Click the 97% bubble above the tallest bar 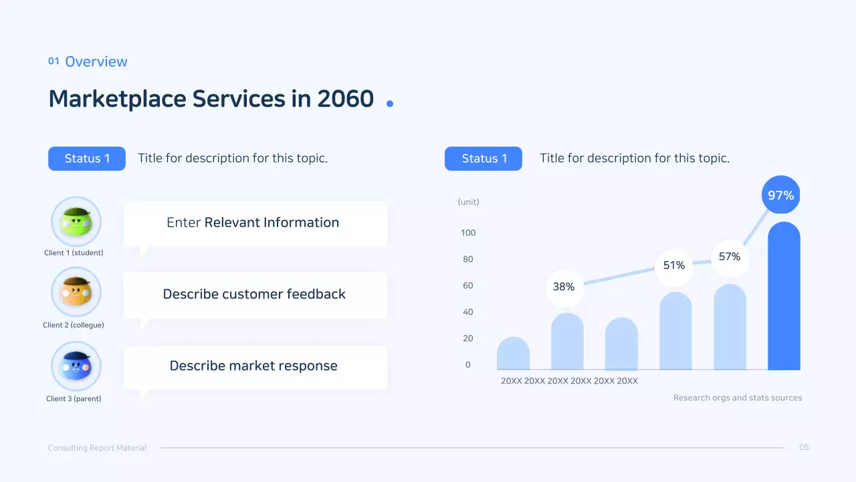(x=780, y=195)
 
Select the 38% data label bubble (x=564, y=287)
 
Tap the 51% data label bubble (x=674, y=265)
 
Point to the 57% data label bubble (x=730, y=256)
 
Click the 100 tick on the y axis (x=468, y=233)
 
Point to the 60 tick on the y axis (x=468, y=286)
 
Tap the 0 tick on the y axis (x=468, y=365)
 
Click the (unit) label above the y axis (x=468, y=202)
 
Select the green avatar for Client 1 (x=76, y=222)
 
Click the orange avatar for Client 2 (x=76, y=293)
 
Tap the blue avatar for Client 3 (x=76, y=366)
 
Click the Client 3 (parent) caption (x=74, y=399)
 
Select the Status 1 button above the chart (x=484, y=159)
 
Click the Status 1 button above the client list (x=87, y=159)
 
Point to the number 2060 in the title (x=345, y=99)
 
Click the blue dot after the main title (x=390, y=103)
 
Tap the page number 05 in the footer (x=804, y=447)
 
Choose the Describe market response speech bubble (x=255, y=366)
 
